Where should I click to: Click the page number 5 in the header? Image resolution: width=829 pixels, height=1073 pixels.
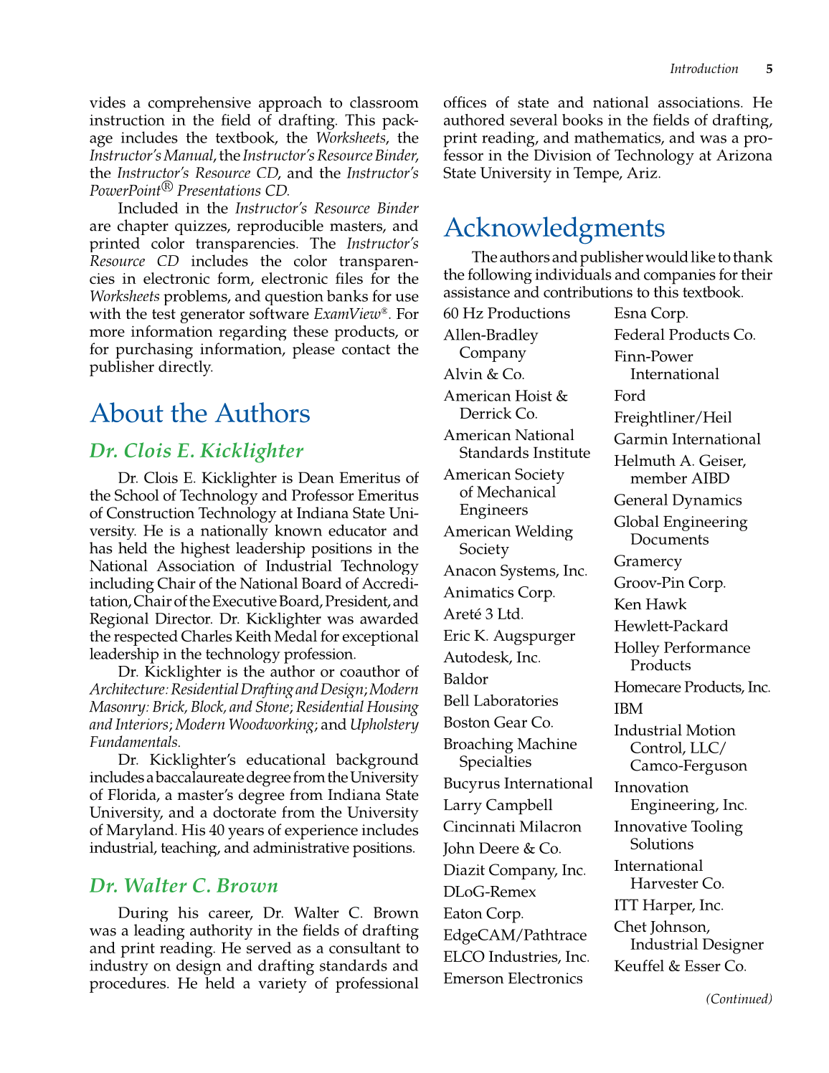click(x=769, y=69)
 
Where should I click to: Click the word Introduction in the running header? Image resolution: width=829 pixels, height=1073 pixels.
click(x=704, y=69)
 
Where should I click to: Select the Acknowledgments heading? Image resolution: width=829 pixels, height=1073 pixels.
click(x=554, y=227)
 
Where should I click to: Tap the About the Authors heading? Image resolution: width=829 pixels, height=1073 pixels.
click(x=200, y=413)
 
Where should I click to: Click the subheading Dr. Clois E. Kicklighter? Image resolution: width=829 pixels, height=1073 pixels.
click(x=196, y=450)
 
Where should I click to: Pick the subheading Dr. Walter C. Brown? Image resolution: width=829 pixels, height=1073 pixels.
click(x=184, y=885)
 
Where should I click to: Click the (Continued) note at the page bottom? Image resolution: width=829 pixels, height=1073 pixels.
click(x=739, y=998)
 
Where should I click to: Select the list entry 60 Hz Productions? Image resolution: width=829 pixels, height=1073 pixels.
click(x=506, y=313)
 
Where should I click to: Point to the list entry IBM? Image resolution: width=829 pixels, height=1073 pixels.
click(x=628, y=708)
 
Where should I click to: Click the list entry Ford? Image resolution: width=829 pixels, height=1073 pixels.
click(x=630, y=396)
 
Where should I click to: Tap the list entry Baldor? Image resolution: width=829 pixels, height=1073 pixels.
click(x=465, y=679)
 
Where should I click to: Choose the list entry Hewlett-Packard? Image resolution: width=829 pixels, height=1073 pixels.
click(x=671, y=626)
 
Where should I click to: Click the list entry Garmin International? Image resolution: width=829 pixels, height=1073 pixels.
click(x=687, y=439)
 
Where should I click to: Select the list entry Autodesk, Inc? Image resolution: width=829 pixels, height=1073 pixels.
click(x=492, y=657)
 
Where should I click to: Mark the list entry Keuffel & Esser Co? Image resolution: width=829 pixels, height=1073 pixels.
click(x=680, y=965)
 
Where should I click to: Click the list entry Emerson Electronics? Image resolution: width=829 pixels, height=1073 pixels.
click(x=513, y=978)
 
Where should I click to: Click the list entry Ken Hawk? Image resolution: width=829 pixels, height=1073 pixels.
click(x=650, y=604)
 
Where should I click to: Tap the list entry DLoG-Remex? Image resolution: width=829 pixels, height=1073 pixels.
click(x=489, y=892)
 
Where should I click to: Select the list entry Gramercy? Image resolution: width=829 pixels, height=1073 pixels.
click(x=648, y=561)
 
